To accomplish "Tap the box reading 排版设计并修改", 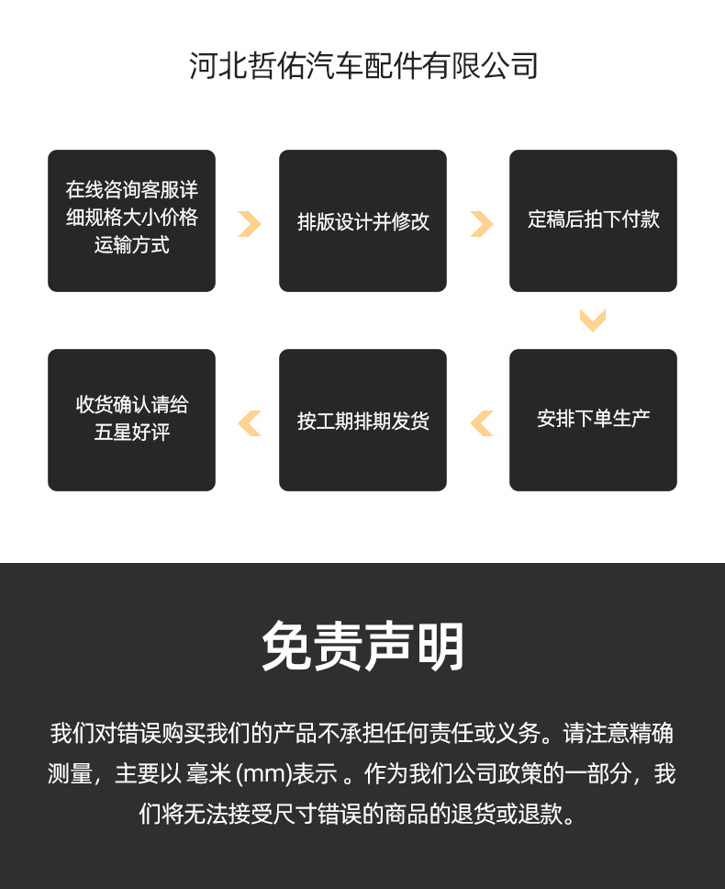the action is click(362, 221).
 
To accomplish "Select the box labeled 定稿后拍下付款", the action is click(593, 221).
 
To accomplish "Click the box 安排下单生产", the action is click(593, 420).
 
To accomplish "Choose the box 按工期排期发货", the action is click(362, 420).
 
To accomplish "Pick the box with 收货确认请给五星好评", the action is click(131, 420).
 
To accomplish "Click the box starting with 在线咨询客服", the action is click(131, 221).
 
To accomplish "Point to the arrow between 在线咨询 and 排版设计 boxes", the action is click(249, 223).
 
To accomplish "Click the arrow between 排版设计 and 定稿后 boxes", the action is click(481, 223).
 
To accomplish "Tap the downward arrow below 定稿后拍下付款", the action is click(593, 321).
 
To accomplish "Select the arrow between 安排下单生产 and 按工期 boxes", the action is click(481, 422).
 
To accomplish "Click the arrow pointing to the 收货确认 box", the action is click(249, 422).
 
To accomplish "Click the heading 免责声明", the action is click(362, 647).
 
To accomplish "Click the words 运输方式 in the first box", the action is click(131, 245).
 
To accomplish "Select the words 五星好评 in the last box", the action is click(131, 433).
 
